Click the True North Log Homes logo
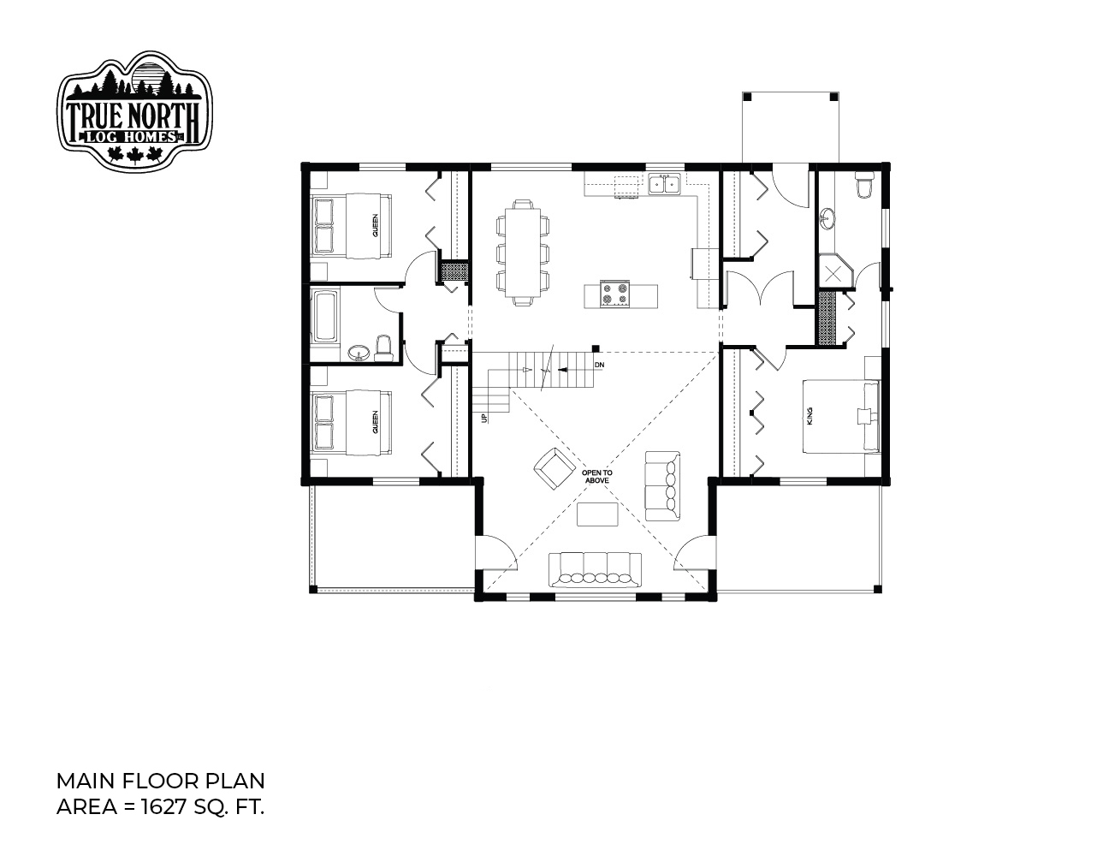(x=134, y=110)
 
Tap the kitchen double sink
(x=665, y=184)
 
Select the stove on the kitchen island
(x=614, y=294)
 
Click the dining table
(x=523, y=252)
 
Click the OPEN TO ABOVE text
(x=597, y=476)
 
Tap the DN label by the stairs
(x=599, y=365)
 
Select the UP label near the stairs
(x=484, y=418)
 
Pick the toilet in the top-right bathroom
(x=864, y=186)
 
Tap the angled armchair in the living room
(x=554, y=467)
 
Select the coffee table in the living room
(x=597, y=514)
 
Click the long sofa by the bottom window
(x=595, y=569)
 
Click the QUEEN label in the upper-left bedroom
(x=375, y=225)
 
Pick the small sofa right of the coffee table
(x=662, y=486)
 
